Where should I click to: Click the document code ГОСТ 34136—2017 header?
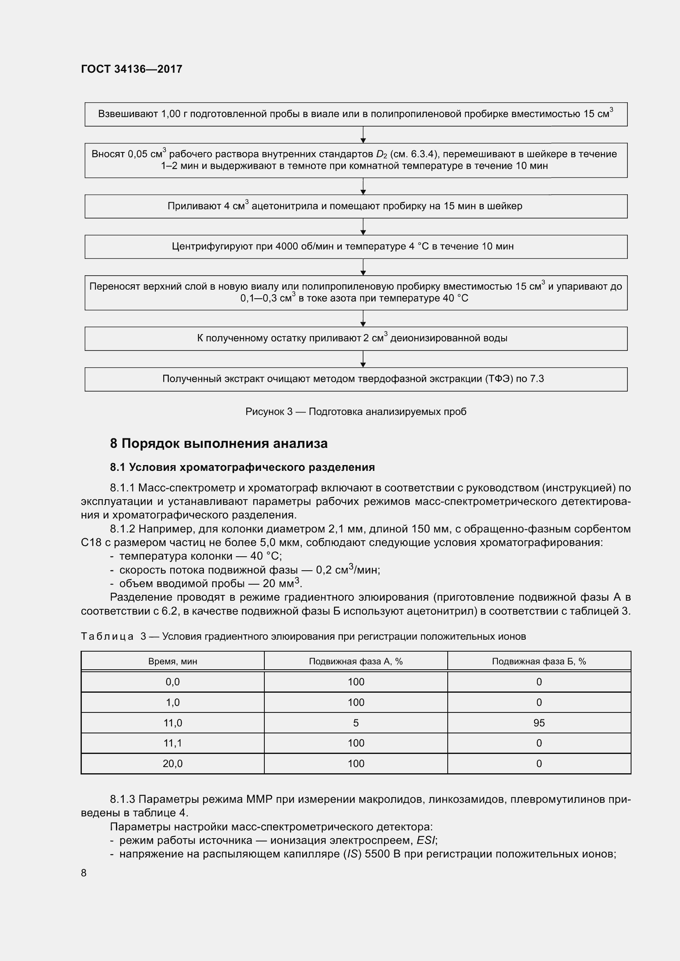pos(132,69)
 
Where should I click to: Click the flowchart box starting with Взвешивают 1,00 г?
pos(356,114)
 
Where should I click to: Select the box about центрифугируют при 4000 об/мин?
pos(356,247)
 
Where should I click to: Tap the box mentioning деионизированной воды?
pos(356,338)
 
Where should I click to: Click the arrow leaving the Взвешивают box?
pos(363,135)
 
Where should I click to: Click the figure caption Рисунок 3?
pos(356,412)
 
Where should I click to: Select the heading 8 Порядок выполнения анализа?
pos(219,443)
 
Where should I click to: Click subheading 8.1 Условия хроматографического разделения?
pos(242,467)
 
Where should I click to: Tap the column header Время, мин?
pos(173,661)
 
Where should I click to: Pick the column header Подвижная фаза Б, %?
pos(539,661)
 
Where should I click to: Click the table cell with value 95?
pos(539,723)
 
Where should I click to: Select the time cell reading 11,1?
pos(173,743)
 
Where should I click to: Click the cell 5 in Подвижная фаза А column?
pos(356,723)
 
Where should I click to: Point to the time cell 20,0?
pos(173,763)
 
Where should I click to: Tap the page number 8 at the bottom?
pos(84,873)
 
